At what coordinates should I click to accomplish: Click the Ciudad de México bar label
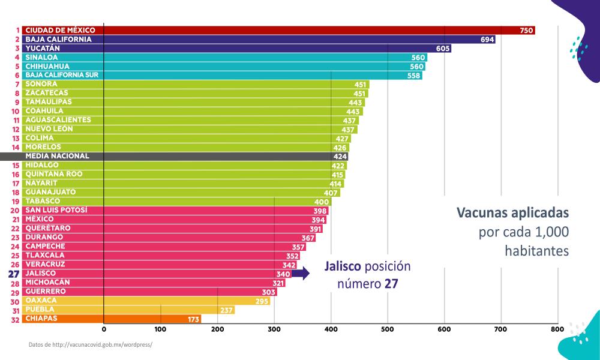click(x=60, y=30)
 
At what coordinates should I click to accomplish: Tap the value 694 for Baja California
click(x=488, y=40)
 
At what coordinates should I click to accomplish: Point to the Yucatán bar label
click(x=43, y=48)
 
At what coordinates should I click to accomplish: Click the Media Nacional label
click(x=57, y=156)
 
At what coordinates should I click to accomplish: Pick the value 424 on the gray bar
click(x=340, y=157)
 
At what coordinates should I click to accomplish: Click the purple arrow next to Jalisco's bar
click(x=301, y=274)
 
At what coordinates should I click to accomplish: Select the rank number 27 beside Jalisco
click(x=14, y=274)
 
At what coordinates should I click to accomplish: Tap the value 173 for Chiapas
click(x=193, y=319)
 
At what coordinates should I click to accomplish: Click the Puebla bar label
click(x=40, y=310)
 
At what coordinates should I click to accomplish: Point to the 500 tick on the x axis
click(x=388, y=329)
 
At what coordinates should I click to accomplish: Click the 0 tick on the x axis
click(x=104, y=329)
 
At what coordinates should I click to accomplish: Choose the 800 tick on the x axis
click(x=557, y=329)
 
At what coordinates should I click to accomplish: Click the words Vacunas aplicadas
click(x=512, y=213)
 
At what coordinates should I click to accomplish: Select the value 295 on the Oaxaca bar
click(x=262, y=301)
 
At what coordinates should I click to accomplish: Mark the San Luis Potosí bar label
click(x=56, y=210)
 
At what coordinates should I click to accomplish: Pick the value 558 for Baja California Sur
click(x=414, y=76)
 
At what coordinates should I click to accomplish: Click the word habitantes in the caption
click(x=536, y=251)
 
